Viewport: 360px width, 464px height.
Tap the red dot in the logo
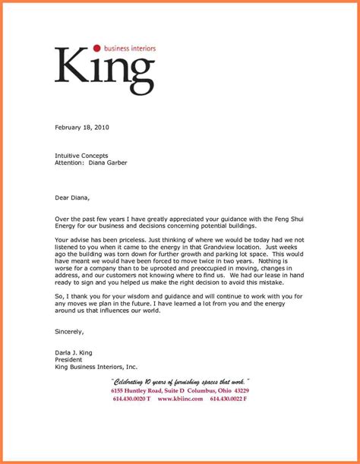pos(96,48)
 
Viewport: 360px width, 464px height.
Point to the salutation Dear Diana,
pos(72,198)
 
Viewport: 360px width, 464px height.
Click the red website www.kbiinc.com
pos(180,399)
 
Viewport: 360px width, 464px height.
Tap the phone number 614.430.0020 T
pos(131,399)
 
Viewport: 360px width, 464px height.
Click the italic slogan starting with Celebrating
pos(180,381)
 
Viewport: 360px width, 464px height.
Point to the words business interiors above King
pos(130,48)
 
